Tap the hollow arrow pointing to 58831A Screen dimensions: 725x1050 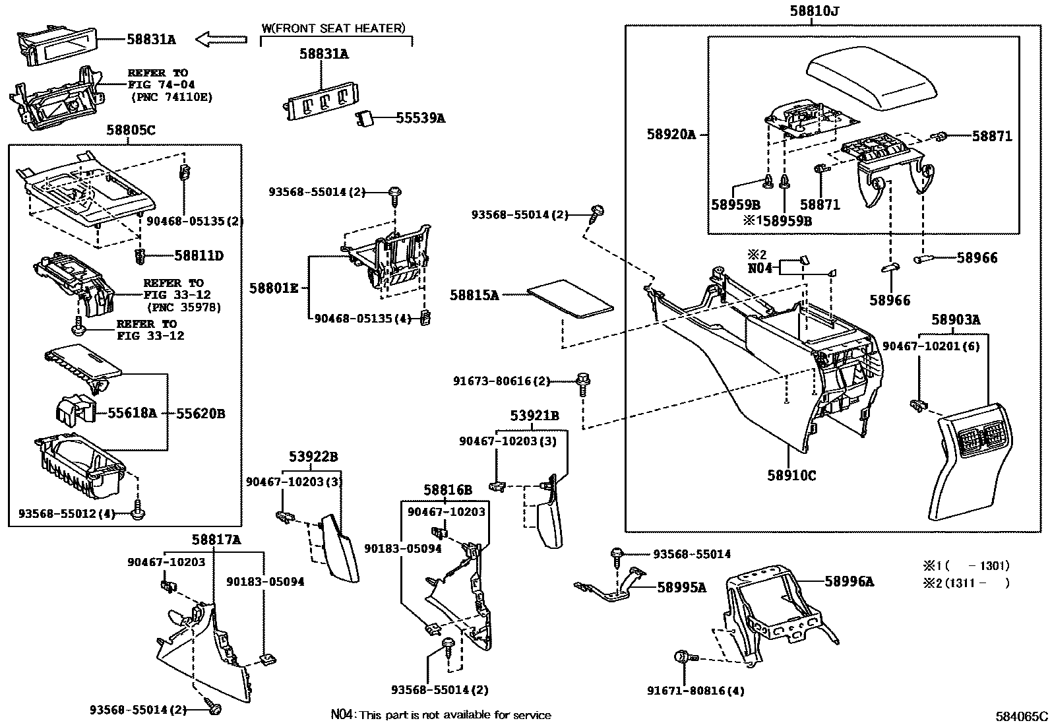[x=221, y=40]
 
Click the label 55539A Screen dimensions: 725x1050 [x=420, y=119]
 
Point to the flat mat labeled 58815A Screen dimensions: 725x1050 [x=571, y=299]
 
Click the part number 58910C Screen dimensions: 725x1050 [x=791, y=474]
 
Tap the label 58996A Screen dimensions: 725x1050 [x=849, y=581]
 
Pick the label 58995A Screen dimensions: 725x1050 [x=681, y=587]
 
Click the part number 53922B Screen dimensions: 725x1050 [x=313, y=457]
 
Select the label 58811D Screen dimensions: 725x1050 [x=199, y=256]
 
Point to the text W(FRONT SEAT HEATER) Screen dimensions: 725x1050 [x=333, y=28]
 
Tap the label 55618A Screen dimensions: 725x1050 [x=132, y=413]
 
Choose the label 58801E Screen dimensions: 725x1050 [x=273, y=288]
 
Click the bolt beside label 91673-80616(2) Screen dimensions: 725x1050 [x=583, y=383]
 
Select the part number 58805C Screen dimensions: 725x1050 [x=131, y=131]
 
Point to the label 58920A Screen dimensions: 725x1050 [x=671, y=135]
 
